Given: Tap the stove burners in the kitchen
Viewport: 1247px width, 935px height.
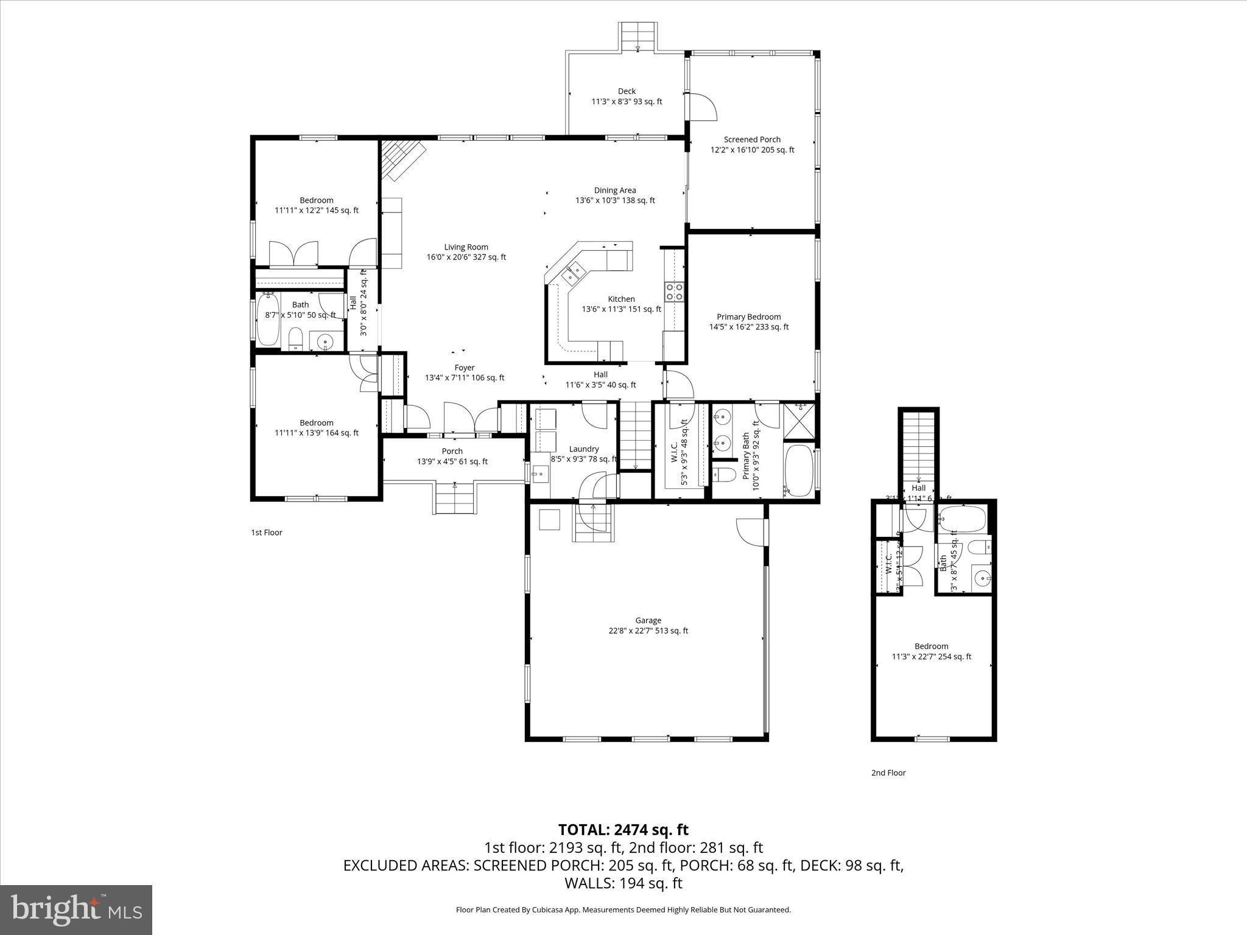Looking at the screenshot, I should [x=674, y=292].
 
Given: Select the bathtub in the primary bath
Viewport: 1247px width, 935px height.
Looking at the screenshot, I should [x=798, y=471].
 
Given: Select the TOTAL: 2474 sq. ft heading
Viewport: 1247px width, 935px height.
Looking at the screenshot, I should [x=623, y=830].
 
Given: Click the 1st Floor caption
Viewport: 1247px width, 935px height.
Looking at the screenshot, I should [x=267, y=533].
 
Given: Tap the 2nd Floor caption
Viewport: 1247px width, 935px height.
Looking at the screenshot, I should [x=888, y=772].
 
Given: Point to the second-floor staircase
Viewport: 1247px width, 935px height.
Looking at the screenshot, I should [x=918, y=444].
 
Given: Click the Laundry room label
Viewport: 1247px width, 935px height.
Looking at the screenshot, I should [x=583, y=449].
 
